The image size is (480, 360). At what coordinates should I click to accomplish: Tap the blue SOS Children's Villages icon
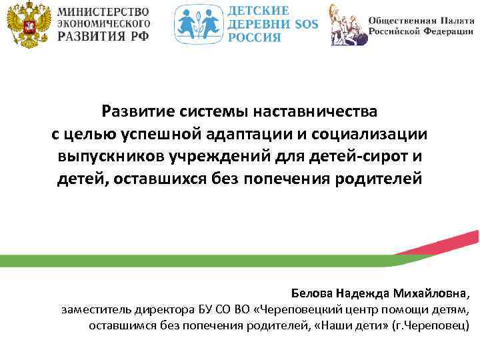pyautogui.click(x=198, y=25)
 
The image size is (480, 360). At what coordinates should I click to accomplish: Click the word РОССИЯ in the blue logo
pyautogui.click(x=255, y=37)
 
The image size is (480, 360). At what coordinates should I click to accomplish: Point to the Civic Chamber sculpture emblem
pyautogui.click(x=348, y=25)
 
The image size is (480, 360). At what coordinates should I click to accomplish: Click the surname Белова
pyautogui.click(x=312, y=293)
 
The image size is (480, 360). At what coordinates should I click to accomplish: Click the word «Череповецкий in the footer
pyautogui.click(x=298, y=310)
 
